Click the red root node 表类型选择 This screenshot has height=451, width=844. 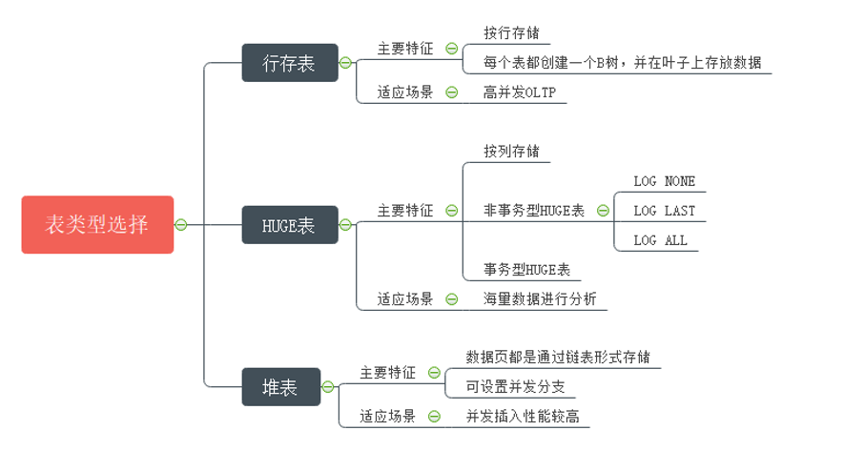click(97, 225)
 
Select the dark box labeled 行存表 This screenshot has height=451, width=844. click(289, 63)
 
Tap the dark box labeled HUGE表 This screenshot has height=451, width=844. click(289, 225)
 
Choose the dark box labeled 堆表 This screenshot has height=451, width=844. click(280, 387)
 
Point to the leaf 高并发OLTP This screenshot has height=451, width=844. click(519, 92)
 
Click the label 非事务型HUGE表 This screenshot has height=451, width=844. click(534, 211)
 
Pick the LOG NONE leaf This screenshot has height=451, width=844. click(665, 181)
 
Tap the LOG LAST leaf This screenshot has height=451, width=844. click(665, 211)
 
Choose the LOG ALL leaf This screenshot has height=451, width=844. click(660, 240)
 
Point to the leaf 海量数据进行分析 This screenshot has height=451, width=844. click(540, 299)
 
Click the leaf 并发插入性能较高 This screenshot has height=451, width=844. click(524, 417)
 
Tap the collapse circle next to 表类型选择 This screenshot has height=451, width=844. click(181, 225)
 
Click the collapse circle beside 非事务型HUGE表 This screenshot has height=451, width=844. click(604, 211)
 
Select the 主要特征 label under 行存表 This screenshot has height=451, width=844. click(405, 48)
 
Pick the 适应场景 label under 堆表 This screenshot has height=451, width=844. click(387, 417)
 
